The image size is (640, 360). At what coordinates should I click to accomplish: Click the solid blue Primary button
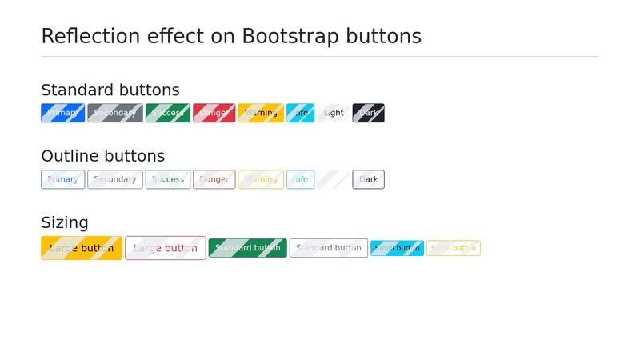coord(62,113)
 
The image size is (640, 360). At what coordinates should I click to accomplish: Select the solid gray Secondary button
coord(115,113)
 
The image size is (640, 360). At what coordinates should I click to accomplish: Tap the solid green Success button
coord(168,113)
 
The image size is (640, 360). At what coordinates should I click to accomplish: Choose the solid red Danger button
coord(214,113)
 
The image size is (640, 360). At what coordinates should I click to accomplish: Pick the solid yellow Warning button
coord(261,113)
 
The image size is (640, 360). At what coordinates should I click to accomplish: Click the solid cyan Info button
coord(300,113)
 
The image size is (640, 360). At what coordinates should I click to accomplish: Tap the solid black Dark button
coord(368,113)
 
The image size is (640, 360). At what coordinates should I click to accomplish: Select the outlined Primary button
coord(62,179)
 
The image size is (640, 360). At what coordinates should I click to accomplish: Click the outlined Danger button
coord(214,179)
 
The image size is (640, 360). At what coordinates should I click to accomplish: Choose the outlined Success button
coord(168,179)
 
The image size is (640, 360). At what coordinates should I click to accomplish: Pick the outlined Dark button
coord(368,179)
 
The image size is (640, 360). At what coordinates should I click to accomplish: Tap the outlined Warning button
coord(261,179)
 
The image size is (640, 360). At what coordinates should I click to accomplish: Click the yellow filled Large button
coord(82,248)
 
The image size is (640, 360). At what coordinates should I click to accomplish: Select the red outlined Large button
coord(165,248)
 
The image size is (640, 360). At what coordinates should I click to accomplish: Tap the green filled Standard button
coord(247,248)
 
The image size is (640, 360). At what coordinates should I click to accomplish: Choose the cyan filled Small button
coord(397,248)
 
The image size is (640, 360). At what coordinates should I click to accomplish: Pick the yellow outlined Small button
coord(453,248)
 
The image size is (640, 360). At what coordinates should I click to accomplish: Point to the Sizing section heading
coord(65,222)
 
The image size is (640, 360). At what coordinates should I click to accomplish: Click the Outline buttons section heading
coord(102,156)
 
